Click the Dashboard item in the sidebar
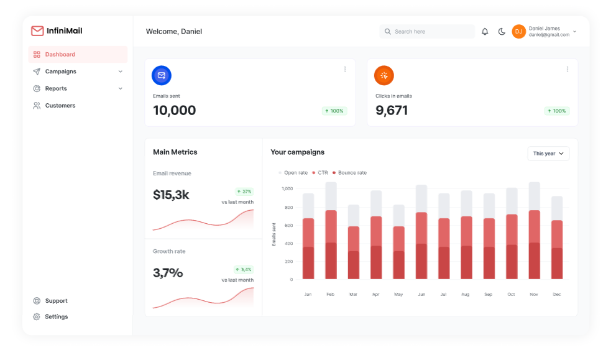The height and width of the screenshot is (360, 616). [x=60, y=55]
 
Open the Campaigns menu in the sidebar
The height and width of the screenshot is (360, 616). [x=61, y=72]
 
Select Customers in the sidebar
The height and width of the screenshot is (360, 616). [x=60, y=106]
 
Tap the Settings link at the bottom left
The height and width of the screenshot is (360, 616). [x=56, y=316]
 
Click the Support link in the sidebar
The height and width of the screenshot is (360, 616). [x=56, y=301]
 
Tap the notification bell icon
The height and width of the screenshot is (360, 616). [x=485, y=32]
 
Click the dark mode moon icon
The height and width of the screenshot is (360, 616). [x=502, y=32]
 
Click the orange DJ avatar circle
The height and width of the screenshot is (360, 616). [x=518, y=32]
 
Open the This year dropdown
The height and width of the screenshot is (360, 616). [x=548, y=154]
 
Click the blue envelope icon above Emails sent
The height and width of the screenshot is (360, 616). [x=162, y=75]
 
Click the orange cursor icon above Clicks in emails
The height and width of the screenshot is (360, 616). [x=384, y=75]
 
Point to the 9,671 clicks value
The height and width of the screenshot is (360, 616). [x=392, y=111]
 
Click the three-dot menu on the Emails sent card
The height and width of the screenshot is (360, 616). [x=345, y=69]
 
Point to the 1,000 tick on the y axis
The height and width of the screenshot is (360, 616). [x=287, y=188]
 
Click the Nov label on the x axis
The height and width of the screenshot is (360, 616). [x=534, y=294]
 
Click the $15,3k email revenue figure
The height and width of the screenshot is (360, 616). [x=171, y=195]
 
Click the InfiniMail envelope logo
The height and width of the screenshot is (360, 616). [x=37, y=31]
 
